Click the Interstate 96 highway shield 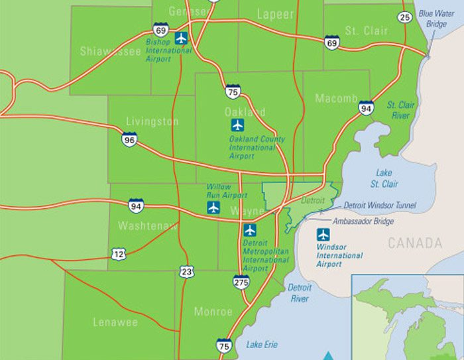(129, 139)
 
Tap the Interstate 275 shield (241, 282)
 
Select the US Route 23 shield (186, 271)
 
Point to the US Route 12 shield (119, 253)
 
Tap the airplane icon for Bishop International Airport (182, 37)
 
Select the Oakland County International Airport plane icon (237, 125)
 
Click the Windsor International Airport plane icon (323, 234)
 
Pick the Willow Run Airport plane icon (213, 208)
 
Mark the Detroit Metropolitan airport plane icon (249, 230)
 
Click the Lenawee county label (115, 322)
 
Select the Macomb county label (336, 99)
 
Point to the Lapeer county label (275, 14)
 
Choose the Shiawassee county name (110, 51)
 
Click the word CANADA (415, 243)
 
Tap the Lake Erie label (262, 345)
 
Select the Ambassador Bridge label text (363, 221)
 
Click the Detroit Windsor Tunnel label (380, 206)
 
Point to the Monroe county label (213, 312)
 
